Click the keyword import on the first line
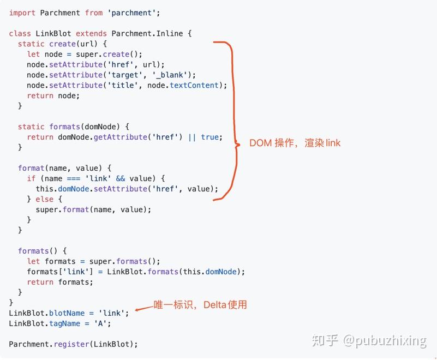coord(22,13)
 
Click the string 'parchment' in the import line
coord(136,13)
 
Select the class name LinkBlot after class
coord(53,33)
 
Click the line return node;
coord(53,95)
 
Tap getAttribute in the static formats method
coord(121,137)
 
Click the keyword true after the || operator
coord(210,137)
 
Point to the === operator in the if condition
coord(74,178)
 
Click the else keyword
coord(45,199)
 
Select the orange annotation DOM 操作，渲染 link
coord(295,143)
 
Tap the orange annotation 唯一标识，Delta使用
coord(200,304)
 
